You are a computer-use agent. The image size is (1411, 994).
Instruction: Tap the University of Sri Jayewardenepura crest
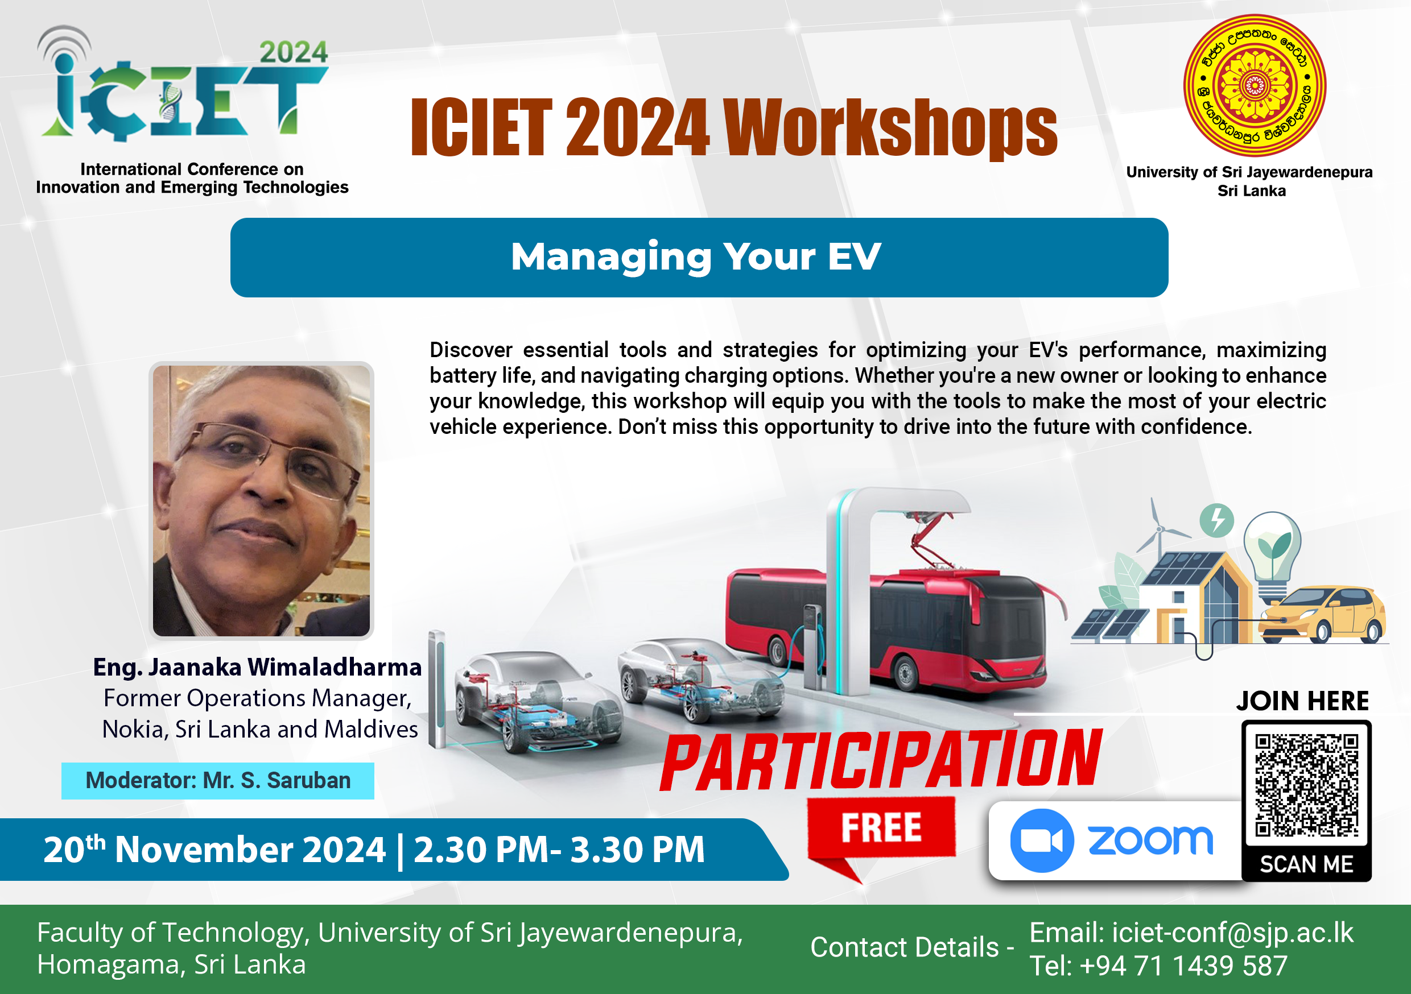pyautogui.click(x=1255, y=85)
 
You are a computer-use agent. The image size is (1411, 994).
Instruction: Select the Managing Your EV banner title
pyautogui.click(x=696, y=257)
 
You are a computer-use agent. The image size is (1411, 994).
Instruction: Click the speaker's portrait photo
pyautogui.click(x=261, y=500)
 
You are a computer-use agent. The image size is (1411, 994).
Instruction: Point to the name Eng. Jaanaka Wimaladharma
pyautogui.click(x=258, y=667)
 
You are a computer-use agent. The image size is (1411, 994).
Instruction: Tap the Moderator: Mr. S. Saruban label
pyautogui.click(x=218, y=780)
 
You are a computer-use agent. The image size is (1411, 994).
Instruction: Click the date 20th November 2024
pyautogui.click(x=214, y=850)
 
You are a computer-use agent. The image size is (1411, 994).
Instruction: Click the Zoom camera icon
pyautogui.click(x=1042, y=840)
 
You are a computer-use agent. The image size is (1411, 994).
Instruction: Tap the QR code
pyautogui.click(x=1306, y=785)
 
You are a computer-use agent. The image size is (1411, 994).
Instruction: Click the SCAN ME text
pyautogui.click(x=1306, y=864)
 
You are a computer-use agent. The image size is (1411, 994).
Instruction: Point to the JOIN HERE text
pyautogui.click(x=1303, y=701)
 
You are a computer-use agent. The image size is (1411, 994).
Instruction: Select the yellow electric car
pyautogui.click(x=1321, y=614)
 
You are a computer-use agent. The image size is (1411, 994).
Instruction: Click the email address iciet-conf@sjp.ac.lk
pyautogui.click(x=1233, y=933)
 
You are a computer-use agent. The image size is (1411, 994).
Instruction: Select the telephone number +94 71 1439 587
pyautogui.click(x=1183, y=966)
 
